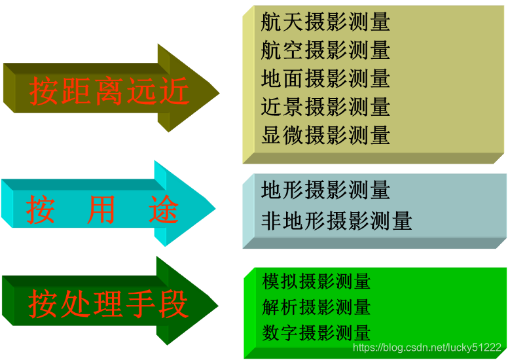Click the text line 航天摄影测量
tap(325, 22)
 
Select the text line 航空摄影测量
tap(325, 50)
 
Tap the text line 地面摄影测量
tap(325, 79)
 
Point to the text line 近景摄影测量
tap(325, 107)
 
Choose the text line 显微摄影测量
tap(325, 135)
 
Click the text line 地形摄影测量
tap(325, 190)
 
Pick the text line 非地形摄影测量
tap(336, 221)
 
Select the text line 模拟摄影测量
tap(316, 282)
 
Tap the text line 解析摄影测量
tap(316, 307)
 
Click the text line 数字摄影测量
tap(316, 332)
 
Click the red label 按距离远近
tap(109, 91)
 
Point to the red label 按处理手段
tap(109, 304)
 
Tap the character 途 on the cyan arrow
tap(164, 210)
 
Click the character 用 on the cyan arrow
tap(101, 210)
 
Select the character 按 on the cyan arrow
tap(41, 210)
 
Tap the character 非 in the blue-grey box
tap(270, 221)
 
